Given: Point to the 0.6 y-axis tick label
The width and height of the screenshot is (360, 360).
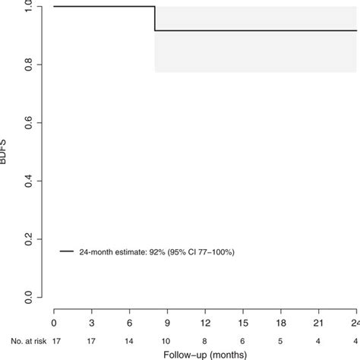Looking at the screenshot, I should pyautogui.click(x=28, y=122).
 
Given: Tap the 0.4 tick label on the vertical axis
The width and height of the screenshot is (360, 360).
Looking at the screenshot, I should pyautogui.click(x=28, y=180).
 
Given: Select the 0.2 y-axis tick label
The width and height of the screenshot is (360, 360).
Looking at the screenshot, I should pyautogui.click(x=28, y=238).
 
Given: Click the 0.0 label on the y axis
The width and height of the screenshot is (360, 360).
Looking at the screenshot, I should pyautogui.click(x=28, y=296).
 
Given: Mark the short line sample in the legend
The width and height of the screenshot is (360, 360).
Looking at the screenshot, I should pyautogui.click(x=66, y=251).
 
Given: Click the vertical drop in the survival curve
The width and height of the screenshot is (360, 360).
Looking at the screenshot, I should pyautogui.click(x=155, y=18).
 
